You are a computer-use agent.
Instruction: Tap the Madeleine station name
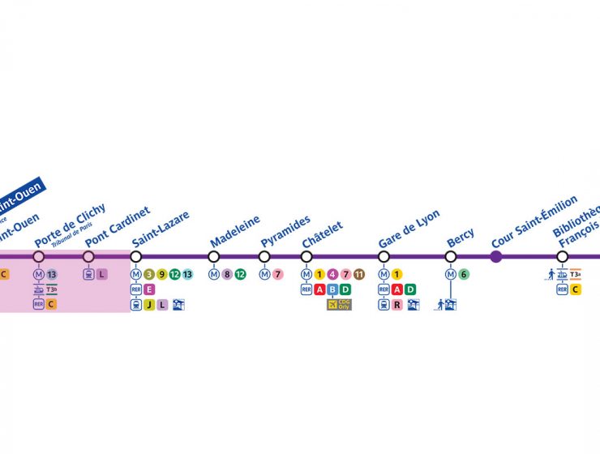tap(235, 231)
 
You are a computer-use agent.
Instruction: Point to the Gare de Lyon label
tap(409, 229)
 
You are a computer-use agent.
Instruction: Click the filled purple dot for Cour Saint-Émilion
tap(496, 257)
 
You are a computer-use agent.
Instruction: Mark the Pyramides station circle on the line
tap(264, 257)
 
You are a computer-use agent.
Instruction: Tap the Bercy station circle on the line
tap(451, 257)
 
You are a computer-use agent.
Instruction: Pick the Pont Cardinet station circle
tap(88, 257)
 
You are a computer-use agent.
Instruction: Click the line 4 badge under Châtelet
tap(332, 274)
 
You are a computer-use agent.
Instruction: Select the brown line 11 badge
tap(359, 274)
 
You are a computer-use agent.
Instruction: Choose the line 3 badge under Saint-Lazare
tap(149, 274)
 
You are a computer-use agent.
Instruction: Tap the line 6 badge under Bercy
tap(464, 274)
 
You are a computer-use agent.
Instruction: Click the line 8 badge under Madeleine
tap(227, 274)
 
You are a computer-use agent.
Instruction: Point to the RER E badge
tap(149, 289)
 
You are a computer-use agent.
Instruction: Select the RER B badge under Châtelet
tap(332, 289)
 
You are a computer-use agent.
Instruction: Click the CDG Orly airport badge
tap(339, 305)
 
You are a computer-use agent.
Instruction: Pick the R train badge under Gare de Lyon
tap(397, 305)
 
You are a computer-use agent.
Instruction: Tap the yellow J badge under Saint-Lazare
tap(149, 305)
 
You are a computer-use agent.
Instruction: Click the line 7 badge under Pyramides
tap(277, 274)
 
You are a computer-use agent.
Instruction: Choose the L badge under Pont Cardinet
tap(101, 274)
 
